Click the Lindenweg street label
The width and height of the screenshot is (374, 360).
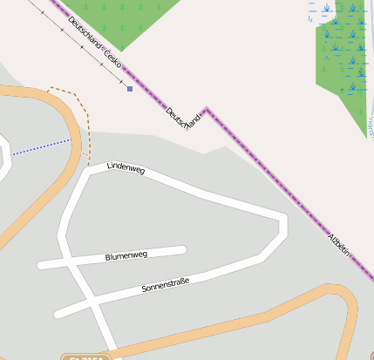coord(126,167)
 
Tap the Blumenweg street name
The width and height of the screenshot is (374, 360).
coord(126,256)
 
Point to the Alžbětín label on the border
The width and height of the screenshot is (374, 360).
coord(339,243)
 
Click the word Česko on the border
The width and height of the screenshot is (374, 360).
coord(112,59)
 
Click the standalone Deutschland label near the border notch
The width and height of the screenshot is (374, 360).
coord(183,119)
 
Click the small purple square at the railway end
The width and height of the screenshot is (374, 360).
coord(130,89)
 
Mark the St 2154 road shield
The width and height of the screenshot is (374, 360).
coord(85,357)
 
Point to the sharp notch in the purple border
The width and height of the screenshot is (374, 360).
coord(206,109)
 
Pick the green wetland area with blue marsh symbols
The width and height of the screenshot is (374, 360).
coord(343,52)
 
